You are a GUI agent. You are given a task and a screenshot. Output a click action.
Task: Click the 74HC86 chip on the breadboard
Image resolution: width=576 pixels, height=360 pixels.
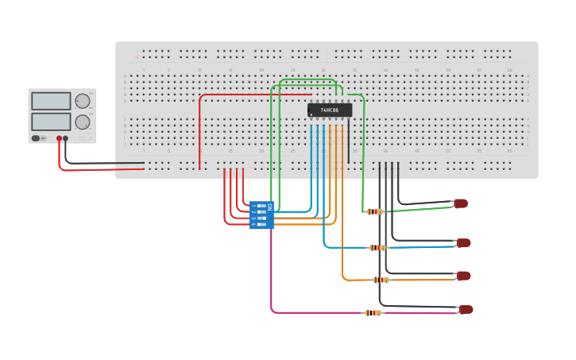point(330,110)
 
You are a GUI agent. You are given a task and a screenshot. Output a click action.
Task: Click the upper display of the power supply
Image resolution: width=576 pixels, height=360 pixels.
point(52,101)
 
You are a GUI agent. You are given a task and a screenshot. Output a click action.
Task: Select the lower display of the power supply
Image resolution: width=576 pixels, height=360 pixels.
point(52,122)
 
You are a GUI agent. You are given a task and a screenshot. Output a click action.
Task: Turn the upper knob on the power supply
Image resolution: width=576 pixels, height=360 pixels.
point(83,101)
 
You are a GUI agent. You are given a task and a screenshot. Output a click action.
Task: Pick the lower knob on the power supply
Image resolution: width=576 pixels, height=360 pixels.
point(83,122)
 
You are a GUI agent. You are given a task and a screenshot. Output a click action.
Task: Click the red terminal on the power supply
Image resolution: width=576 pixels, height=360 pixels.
point(59,138)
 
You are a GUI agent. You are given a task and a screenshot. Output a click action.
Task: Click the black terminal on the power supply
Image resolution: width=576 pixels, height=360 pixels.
point(65,138)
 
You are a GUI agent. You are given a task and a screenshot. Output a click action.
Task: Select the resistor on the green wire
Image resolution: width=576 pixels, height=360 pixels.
point(374,211)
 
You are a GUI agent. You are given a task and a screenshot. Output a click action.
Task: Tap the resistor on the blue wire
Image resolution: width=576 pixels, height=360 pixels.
point(377,248)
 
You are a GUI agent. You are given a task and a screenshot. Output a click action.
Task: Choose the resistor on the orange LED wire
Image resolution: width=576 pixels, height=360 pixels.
point(381,280)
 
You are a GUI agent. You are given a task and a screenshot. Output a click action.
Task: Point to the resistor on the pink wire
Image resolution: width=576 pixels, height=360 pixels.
point(373,313)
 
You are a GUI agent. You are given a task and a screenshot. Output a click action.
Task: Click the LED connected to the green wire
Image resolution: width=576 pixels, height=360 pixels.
point(460,203)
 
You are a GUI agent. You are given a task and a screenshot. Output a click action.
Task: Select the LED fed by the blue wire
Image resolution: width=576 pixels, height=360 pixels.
point(463,242)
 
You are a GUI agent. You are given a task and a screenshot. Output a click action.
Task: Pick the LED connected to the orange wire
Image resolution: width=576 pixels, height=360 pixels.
point(463,276)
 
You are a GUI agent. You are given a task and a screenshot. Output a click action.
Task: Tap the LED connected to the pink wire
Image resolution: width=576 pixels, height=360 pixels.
point(466,309)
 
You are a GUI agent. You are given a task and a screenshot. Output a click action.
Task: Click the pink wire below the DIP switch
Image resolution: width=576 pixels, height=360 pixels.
point(272,270)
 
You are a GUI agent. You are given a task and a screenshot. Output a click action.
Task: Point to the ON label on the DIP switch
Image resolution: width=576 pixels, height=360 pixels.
point(269,207)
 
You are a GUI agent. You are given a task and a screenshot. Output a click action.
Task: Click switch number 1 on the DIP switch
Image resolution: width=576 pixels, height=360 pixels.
point(261,206)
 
